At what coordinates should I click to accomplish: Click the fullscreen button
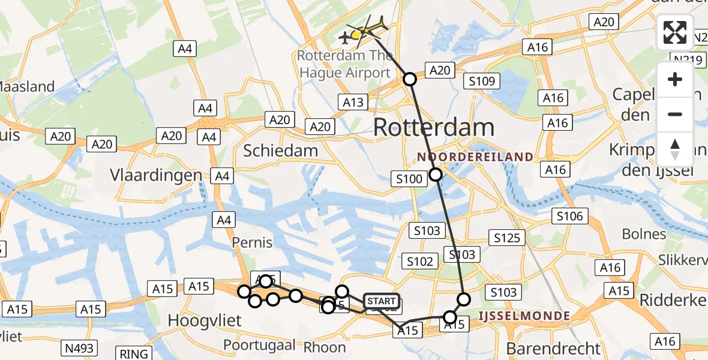click(675, 32)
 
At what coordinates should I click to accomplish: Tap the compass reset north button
click(675, 149)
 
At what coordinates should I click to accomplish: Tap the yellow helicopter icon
click(367, 29)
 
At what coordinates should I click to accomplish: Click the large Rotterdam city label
click(434, 127)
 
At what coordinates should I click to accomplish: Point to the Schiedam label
click(280, 151)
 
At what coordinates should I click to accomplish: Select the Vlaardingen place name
click(156, 175)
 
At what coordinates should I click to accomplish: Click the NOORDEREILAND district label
click(475, 157)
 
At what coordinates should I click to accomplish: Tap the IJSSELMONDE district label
click(523, 314)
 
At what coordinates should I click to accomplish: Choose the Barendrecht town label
click(553, 348)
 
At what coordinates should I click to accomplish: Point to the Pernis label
click(253, 243)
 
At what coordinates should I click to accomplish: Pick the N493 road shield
click(80, 348)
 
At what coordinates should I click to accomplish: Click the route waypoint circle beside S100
click(436, 175)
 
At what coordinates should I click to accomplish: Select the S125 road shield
click(507, 238)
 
